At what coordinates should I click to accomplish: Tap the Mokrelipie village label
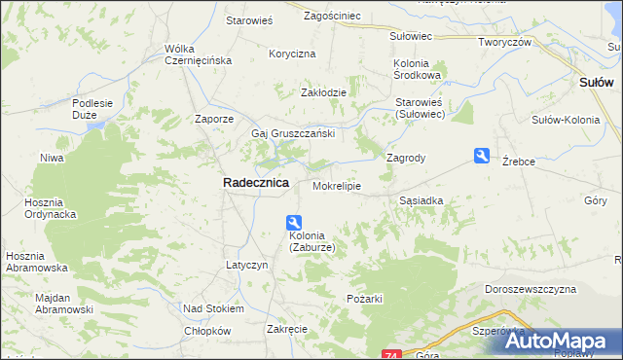pos(337,185)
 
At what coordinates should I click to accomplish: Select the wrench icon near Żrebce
pos(482,156)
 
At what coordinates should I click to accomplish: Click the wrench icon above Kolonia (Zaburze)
pos(294,223)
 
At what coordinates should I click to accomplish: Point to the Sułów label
pos(595,84)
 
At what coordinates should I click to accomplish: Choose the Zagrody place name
pos(407,157)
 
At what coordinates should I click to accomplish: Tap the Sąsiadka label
pos(421,199)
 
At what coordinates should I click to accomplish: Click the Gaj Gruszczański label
pos(293,133)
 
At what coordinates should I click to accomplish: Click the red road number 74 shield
pos(391,354)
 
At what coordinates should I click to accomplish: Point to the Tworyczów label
pos(503,42)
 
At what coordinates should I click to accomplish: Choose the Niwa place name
pos(52,157)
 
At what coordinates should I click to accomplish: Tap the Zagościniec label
pos(332,17)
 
